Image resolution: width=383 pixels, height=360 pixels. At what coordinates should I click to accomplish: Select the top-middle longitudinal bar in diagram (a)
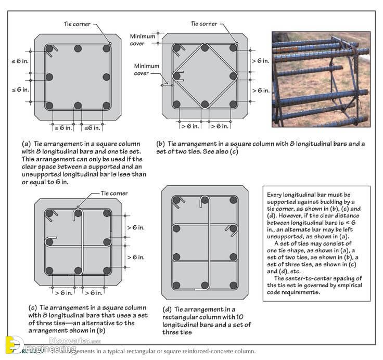pos(78,48)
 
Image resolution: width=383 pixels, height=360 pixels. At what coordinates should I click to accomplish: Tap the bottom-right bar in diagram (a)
pos(107,105)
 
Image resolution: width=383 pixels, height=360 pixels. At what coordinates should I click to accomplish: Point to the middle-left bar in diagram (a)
pos(49,77)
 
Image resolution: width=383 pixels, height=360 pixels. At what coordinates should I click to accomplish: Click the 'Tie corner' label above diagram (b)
pos(204,23)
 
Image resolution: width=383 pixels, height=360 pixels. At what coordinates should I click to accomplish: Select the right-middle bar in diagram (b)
pos(233,75)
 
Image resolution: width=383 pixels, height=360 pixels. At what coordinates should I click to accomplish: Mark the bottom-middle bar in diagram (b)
pos(205,104)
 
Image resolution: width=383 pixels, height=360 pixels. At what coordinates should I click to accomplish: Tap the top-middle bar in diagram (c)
pos(78,213)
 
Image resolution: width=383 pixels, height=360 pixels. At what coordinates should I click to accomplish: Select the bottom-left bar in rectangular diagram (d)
pos(177,285)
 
